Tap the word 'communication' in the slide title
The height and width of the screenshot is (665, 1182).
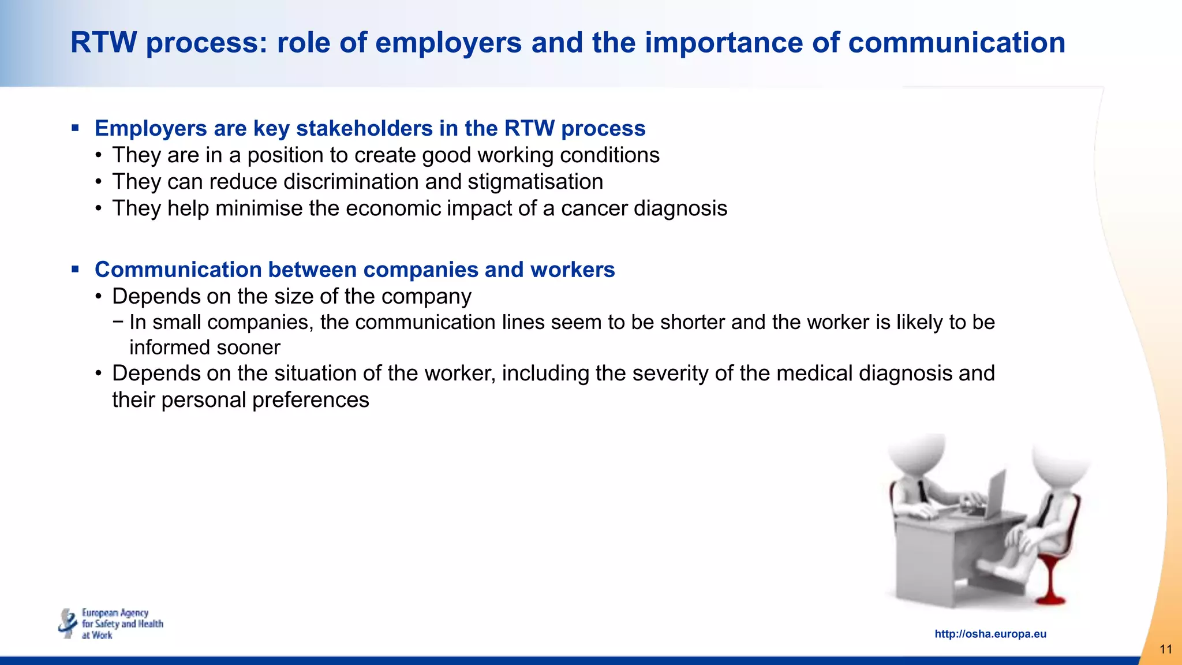956,43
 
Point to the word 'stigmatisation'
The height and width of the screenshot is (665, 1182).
535,182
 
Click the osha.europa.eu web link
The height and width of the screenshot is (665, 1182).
990,634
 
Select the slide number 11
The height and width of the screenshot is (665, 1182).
1165,649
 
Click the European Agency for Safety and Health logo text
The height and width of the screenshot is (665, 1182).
122,624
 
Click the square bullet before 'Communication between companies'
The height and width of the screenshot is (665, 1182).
75,269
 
